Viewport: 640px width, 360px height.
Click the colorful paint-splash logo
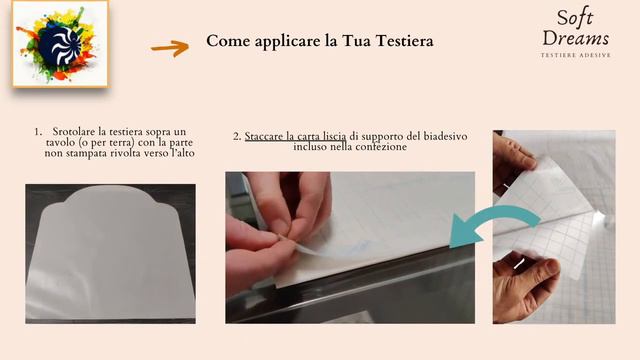(60, 44)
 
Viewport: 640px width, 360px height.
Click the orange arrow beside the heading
(170, 46)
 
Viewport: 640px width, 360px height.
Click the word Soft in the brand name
(575, 18)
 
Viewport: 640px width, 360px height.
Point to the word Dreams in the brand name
(575, 39)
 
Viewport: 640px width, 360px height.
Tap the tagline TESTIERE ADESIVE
(575, 54)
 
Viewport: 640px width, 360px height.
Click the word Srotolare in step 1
(74, 132)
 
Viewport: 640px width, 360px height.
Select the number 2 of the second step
(236, 135)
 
